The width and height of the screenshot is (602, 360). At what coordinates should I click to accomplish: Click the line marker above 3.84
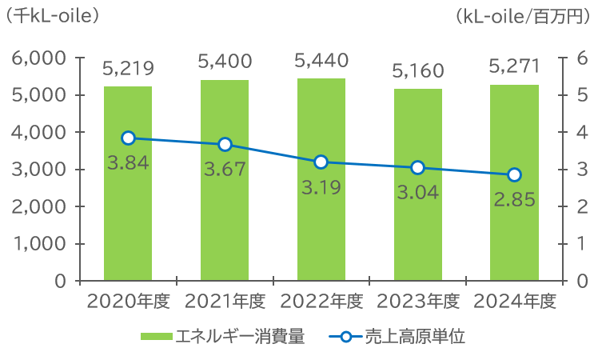click(x=128, y=138)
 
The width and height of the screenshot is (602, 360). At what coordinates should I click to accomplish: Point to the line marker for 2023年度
click(x=417, y=167)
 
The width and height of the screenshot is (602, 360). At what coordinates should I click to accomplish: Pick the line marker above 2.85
click(x=514, y=174)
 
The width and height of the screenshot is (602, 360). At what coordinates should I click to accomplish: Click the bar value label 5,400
click(x=225, y=62)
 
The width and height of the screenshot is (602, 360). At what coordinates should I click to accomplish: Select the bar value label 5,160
click(x=417, y=72)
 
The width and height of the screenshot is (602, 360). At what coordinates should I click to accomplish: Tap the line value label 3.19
click(x=321, y=188)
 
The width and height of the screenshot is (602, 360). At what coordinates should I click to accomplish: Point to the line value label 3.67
click(x=225, y=170)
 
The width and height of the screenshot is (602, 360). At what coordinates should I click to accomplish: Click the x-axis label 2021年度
click(x=225, y=302)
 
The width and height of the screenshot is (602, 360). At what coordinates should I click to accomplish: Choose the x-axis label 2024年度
click(x=514, y=302)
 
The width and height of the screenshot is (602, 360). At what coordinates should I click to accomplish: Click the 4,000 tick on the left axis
click(x=38, y=132)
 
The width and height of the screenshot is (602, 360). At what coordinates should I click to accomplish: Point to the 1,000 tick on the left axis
click(x=38, y=243)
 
